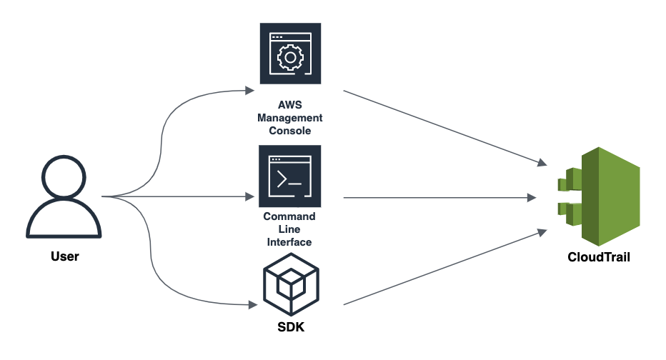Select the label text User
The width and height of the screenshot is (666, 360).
pos(64,256)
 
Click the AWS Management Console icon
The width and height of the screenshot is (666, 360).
pos(290,54)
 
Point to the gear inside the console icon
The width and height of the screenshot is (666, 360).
pos(289,56)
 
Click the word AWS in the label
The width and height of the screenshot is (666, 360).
pos(290,105)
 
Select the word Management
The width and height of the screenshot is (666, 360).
pos(290,118)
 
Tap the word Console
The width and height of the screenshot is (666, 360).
pos(290,131)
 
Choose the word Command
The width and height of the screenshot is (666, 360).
pos(289,216)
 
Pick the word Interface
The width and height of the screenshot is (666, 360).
pos(289,242)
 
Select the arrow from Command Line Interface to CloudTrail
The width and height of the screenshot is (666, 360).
pos(439,197)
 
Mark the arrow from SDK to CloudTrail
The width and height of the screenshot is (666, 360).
pos(439,268)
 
